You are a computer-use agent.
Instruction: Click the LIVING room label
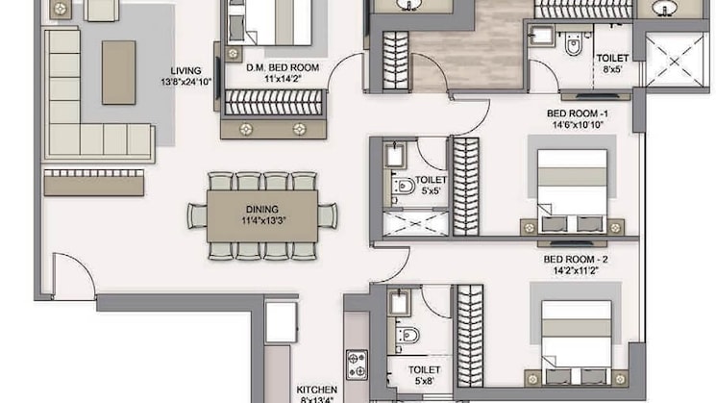(x=185, y=71)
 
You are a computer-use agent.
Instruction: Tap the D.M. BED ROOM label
(x=283, y=67)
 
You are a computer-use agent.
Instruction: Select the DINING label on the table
(x=262, y=210)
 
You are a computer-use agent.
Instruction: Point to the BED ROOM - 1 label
(x=578, y=113)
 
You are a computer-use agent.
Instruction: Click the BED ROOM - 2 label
(x=576, y=259)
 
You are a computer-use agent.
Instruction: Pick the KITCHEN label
(x=317, y=390)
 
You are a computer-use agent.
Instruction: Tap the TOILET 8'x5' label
(x=612, y=63)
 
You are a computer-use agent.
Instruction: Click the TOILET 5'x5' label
(x=431, y=185)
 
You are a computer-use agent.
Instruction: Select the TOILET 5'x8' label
(x=424, y=375)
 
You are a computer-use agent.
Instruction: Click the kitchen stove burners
(x=357, y=365)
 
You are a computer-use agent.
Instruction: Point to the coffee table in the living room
(x=119, y=73)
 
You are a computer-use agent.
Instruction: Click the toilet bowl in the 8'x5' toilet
(x=573, y=44)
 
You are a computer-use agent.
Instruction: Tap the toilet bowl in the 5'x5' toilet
(x=404, y=186)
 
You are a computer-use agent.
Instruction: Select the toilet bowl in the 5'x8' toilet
(x=407, y=336)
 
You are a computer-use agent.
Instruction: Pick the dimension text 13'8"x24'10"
(x=185, y=83)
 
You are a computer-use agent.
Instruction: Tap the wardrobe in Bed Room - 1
(x=466, y=187)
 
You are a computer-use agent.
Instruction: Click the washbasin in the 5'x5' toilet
(x=394, y=156)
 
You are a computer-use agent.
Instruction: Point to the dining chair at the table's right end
(x=328, y=215)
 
